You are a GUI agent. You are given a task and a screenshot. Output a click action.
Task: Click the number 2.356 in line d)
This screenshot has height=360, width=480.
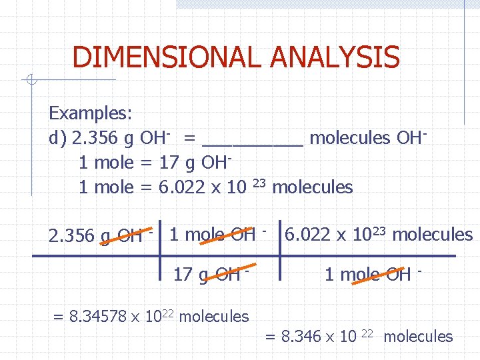(93, 138)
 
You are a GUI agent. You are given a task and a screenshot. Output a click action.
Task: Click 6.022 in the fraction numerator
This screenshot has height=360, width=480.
(307, 235)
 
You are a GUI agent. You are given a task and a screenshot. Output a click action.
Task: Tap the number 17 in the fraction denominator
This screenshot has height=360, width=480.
(182, 274)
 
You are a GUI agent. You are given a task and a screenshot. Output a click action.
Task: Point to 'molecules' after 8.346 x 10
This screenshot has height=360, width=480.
(418, 337)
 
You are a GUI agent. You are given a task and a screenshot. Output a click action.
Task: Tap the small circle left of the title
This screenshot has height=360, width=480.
(31, 81)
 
